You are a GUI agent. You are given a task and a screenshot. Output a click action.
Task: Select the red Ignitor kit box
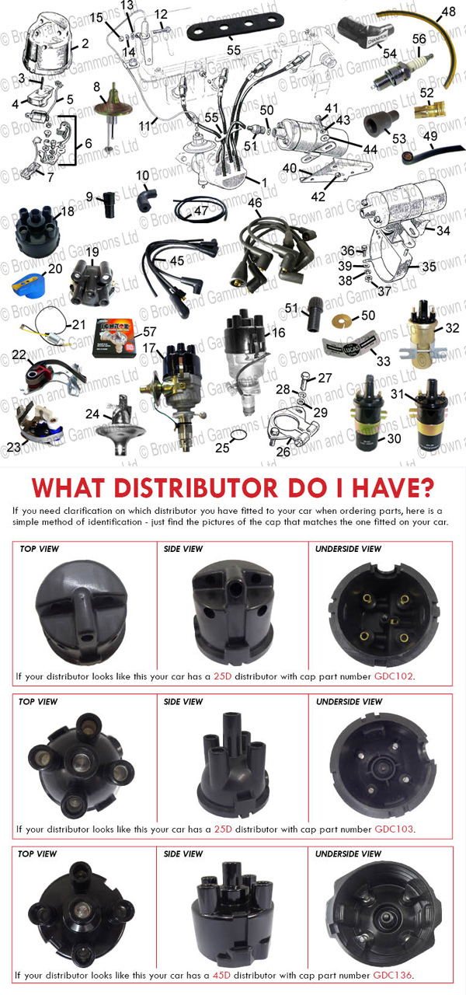(113, 337)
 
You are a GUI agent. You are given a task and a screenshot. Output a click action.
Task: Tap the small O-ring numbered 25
(238, 435)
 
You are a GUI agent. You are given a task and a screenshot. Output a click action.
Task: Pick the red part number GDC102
(394, 676)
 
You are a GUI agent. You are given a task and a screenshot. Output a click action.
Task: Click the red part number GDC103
(394, 829)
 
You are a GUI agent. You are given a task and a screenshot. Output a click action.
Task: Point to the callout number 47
(201, 211)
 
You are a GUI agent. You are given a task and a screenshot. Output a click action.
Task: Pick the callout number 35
(429, 267)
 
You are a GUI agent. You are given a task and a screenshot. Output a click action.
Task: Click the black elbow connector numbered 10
(146, 197)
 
